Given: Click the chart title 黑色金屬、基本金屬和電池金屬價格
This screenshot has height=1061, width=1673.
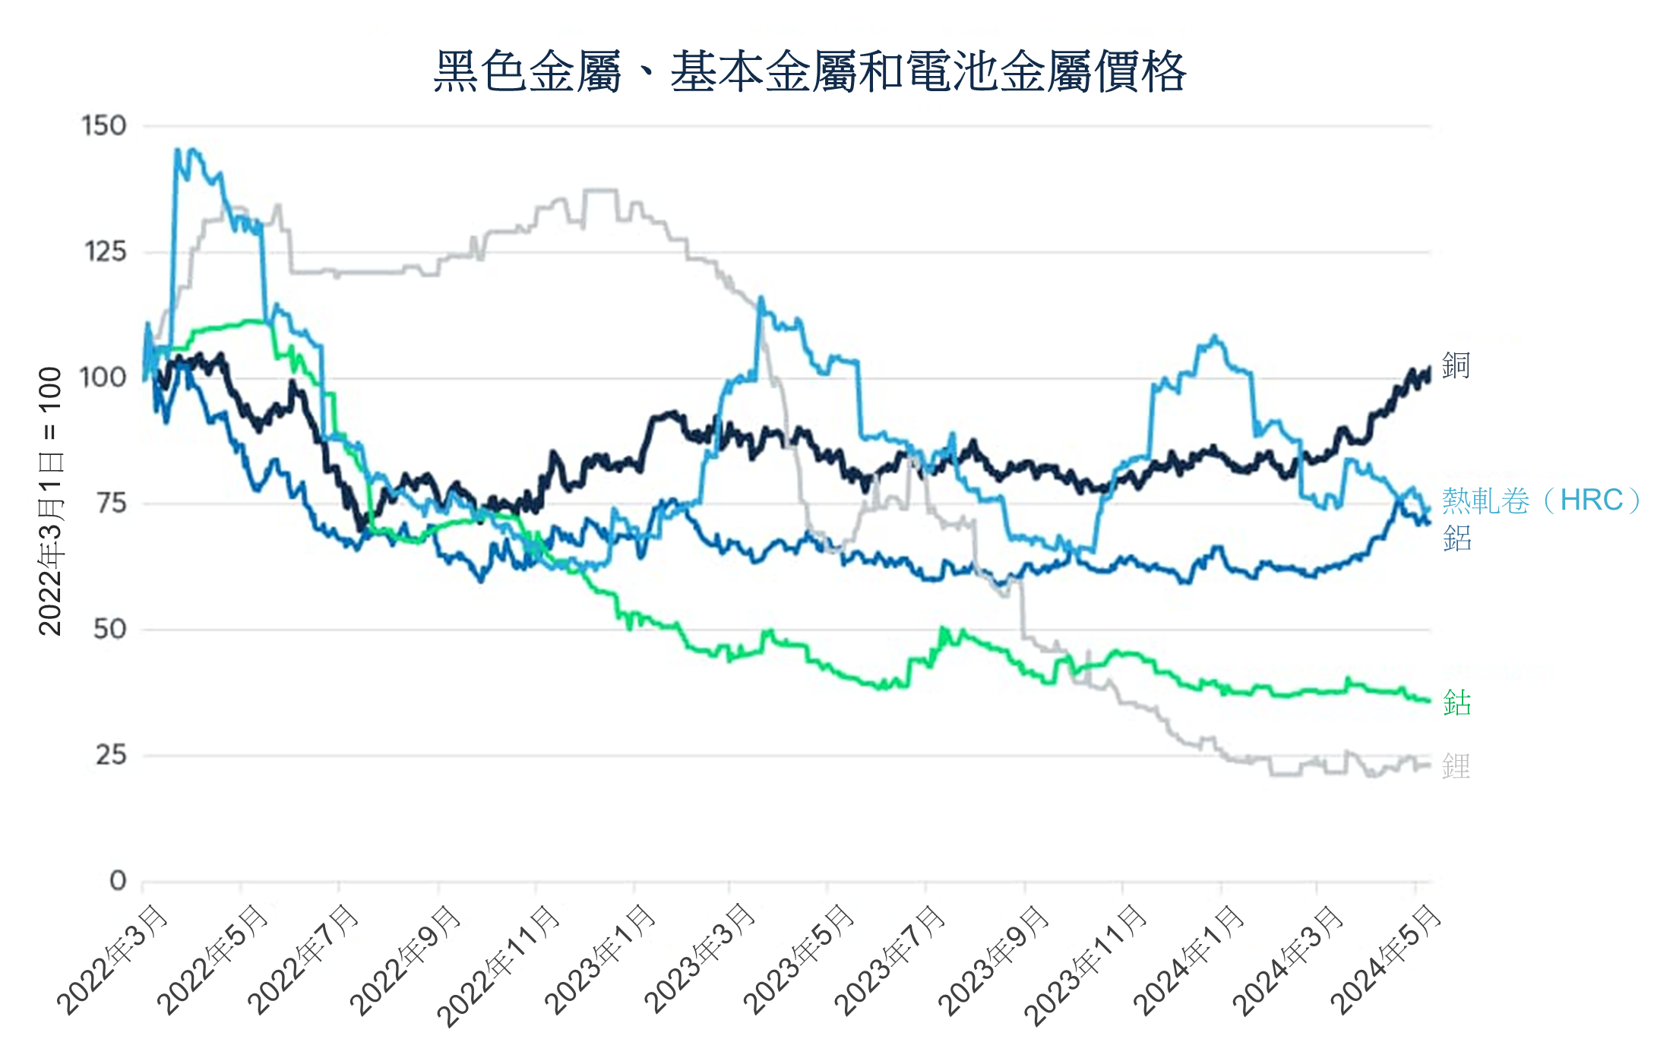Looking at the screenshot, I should pyautogui.click(x=809, y=72).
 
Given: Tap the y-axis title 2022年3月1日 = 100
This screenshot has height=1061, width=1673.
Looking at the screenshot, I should pyautogui.click(x=50, y=501).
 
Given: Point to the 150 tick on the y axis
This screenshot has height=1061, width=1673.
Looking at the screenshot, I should pyautogui.click(x=104, y=126).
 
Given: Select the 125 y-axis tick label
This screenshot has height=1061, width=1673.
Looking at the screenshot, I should pyautogui.click(x=104, y=251).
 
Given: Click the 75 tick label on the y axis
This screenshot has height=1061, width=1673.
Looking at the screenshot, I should pyautogui.click(x=110, y=503).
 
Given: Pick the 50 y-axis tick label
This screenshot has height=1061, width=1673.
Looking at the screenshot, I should pyautogui.click(x=109, y=629).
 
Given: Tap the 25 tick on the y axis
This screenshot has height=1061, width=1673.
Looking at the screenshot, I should pyautogui.click(x=110, y=755).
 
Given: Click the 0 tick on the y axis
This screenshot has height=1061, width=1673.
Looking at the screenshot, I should pyautogui.click(x=118, y=881).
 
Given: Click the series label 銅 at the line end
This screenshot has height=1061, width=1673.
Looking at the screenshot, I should pyautogui.click(x=1456, y=365).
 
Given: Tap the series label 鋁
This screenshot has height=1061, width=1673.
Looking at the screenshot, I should pyautogui.click(x=1456, y=538).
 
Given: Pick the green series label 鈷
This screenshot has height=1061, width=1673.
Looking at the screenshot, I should pyautogui.click(x=1456, y=703).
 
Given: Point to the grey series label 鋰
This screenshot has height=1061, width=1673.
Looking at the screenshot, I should pyautogui.click(x=1456, y=766).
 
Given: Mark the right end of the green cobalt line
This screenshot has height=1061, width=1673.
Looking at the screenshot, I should pyautogui.click(x=1429, y=700).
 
